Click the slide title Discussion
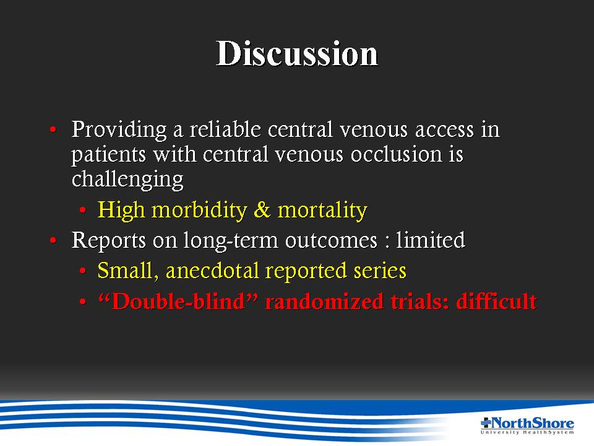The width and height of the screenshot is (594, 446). [x=297, y=53]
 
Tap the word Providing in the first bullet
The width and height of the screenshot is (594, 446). [x=119, y=130]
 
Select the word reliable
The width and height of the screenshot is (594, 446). [x=225, y=129]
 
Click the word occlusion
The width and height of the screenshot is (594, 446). [x=396, y=154]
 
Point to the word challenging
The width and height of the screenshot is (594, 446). [x=127, y=180]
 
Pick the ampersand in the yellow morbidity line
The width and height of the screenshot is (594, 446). [x=262, y=210]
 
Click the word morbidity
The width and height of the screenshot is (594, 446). [x=199, y=210]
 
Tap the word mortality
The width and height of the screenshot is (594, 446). [x=322, y=210]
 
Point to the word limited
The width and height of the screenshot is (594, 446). [x=431, y=240]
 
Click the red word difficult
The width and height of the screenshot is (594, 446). [x=496, y=302]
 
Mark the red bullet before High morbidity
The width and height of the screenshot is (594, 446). [x=82, y=210]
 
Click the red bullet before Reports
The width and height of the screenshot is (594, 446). [x=53, y=240]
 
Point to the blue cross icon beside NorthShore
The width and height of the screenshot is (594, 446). [x=486, y=422]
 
